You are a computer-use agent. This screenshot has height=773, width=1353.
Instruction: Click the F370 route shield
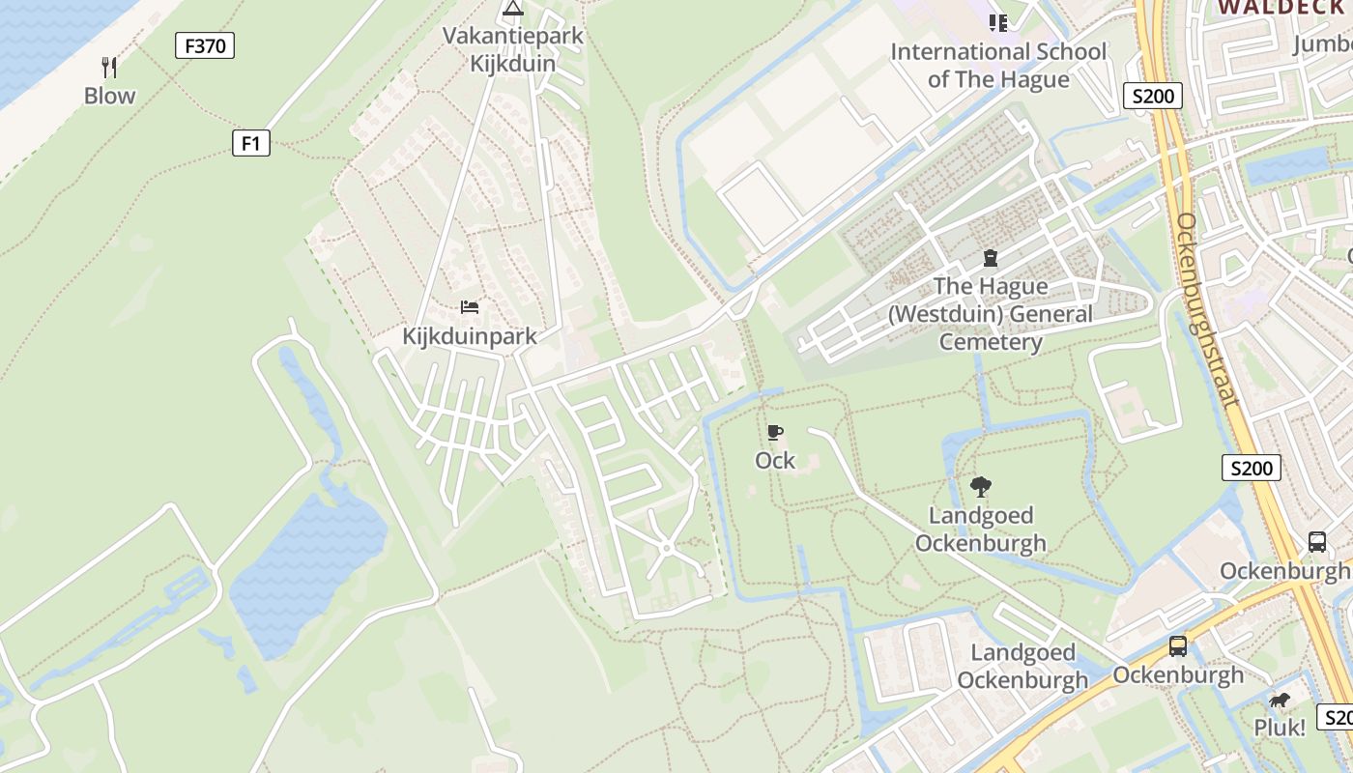coord(205,45)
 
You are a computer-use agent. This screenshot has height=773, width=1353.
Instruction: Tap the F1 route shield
coord(251,144)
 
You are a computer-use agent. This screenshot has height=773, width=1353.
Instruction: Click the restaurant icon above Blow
coord(109,68)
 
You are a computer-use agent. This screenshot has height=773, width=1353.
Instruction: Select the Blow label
coord(109,96)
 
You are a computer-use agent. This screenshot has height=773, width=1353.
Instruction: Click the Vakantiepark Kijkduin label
coord(513,49)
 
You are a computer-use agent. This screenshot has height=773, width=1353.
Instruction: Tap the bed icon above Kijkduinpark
coord(470,308)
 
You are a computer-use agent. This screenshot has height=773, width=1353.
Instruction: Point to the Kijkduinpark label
coord(469,336)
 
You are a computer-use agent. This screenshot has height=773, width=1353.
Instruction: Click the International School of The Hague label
coord(998,65)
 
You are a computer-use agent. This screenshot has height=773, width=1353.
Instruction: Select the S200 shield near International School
coord(1153,96)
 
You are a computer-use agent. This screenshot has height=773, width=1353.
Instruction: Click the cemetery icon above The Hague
coord(991,258)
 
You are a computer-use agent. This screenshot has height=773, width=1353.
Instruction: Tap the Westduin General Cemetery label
coord(991,314)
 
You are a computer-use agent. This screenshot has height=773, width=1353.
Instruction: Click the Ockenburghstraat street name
coord(1205,309)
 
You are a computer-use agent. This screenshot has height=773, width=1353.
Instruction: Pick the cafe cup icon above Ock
coord(774,432)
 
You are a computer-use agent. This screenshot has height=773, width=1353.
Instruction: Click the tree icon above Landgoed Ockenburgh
coord(981,486)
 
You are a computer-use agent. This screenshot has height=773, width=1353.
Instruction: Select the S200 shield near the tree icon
coord(1252,469)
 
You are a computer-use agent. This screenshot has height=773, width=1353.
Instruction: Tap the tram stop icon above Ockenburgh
coord(1317,541)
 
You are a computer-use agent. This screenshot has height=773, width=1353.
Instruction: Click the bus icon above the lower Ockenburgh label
coord(1177,646)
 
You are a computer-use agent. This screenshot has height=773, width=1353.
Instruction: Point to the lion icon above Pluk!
coord(1280,701)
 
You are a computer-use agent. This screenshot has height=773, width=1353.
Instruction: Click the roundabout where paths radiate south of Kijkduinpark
coord(666,548)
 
